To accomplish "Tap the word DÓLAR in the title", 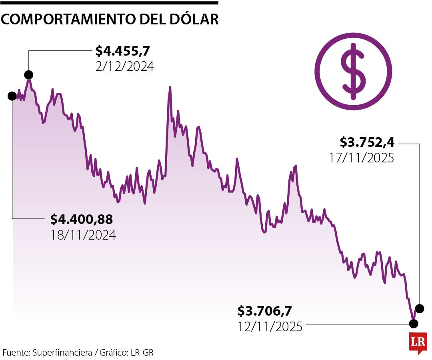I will click(197, 19).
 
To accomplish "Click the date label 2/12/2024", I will click(124, 66).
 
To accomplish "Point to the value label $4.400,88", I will click(82, 219).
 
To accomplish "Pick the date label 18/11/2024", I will click(83, 235).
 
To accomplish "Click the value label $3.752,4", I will click(367, 142).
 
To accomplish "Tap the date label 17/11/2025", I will click(362, 158).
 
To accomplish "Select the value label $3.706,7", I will click(264, 310).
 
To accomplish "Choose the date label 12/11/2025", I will click(270, 326).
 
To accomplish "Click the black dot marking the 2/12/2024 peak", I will click(28, 74).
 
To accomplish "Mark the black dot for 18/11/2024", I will click(12, 96).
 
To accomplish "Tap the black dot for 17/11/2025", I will click(420, 308).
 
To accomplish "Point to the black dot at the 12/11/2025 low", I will click(413, 322).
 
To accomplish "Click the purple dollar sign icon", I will click(353, 72).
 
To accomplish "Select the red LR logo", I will click(418, 343).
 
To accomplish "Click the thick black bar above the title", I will click(109, 3).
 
